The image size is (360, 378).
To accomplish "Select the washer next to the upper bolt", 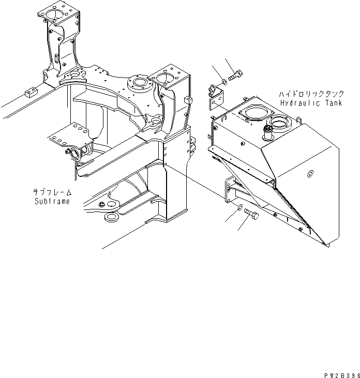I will coord(222,80).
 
